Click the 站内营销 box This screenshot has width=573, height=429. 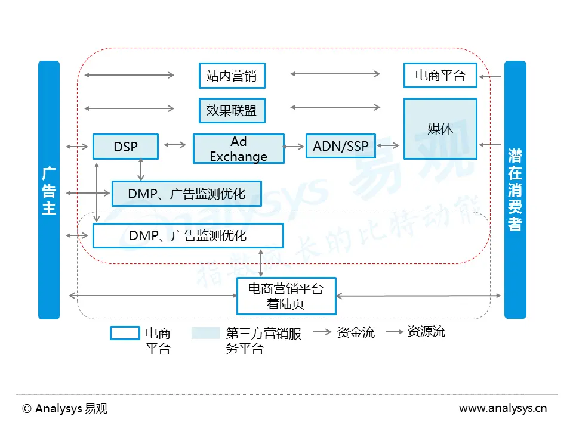pos(231,76)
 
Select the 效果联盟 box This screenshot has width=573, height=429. pos(231,110)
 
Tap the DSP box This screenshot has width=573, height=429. pos(125,147)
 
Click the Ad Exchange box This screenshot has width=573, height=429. pos(238,149)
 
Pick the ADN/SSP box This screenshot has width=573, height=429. pos(340,146)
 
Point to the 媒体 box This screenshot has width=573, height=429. pos(440,129)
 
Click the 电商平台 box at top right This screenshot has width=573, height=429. pos(440,76)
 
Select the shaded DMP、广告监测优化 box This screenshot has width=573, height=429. pos(187,193)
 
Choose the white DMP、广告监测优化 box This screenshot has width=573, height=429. pos(187,236)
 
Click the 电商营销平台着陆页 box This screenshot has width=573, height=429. pos(286,296)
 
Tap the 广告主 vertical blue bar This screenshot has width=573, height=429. pos(49,189)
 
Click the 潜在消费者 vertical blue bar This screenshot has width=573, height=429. pos(515,189)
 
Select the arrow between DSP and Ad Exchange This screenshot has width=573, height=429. pos(175,144)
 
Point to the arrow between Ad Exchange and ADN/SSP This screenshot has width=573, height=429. pos(294,146)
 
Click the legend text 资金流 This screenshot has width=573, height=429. pos(356,332)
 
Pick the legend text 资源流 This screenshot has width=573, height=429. pos(426,331)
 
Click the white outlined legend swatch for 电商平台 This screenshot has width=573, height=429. pos(125,333)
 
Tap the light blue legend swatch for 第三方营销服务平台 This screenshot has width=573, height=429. pos(205,333)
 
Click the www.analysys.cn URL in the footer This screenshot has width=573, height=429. pos(503,409)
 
